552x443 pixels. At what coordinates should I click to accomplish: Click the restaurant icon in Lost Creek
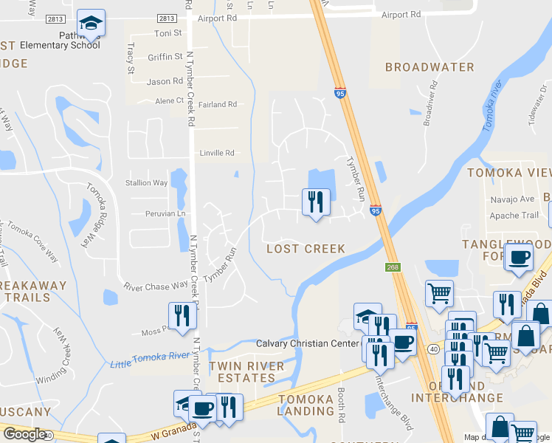pyautogui.click(x=316, y=202)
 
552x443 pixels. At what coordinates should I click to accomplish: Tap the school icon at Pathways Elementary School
pyautogui.click(x=92, y=24)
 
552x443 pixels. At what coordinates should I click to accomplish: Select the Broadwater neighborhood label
pyautogui.click(x=429, y=67)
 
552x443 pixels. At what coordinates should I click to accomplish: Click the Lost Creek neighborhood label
pyautogui.click(x=306, y=249)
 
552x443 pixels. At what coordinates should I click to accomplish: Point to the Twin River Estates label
pyautogui.click(x=246, y=372)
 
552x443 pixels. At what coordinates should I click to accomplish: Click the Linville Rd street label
pyautogui.click(x=217, y=154)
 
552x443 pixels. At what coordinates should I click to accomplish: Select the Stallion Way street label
pyautogui.click(x=147, y=183)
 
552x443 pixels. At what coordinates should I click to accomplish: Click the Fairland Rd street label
pyautogui.click(x=217, y=105)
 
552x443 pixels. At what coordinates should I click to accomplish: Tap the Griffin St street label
pyautogui.click(x=165, y=57)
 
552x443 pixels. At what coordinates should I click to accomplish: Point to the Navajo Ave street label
pyautogui.click(x=512, y=199)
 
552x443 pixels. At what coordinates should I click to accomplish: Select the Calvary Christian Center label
pyautogui.click(x=307, y=343)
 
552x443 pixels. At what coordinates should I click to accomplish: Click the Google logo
pyautogui.click(x=24, y=434)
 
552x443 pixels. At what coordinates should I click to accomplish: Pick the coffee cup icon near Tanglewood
pyautogui.click(x=517, y=258)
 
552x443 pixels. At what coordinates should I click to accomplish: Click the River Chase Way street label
pyautogui.click(x=156, y=286)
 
